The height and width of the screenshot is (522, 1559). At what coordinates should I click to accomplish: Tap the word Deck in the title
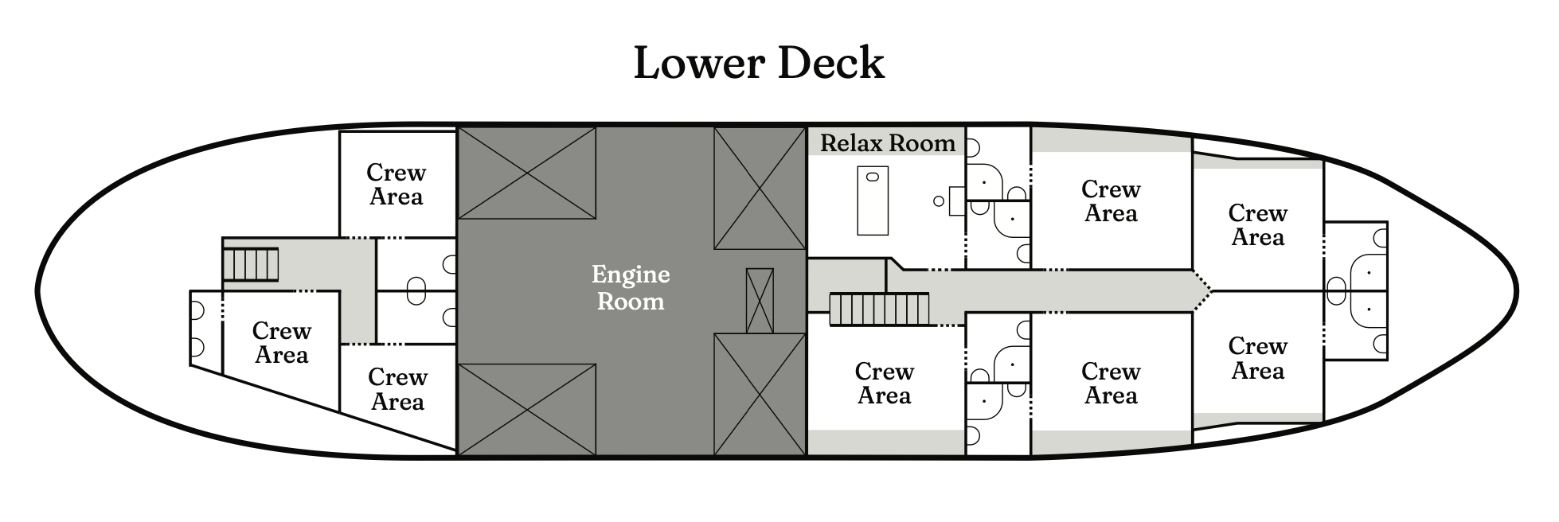pyautogui.click(x=830, y=64)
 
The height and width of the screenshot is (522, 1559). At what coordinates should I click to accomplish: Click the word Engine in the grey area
pyautogui.click(x=631, y=275)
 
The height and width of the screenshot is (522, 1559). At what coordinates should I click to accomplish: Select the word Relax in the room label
pyautogui.click(x=852, y=143)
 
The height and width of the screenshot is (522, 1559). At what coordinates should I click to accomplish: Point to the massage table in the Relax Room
pyautogui.click(x=873, y=201)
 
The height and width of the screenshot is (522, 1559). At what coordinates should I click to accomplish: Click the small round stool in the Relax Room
pyautogui.click(x=939, y=201)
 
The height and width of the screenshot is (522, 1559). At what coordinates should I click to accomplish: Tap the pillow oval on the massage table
pyautogui.click(x=873, y=176)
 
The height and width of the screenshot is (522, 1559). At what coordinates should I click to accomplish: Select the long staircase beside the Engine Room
pyautogui.click(x=880, y=309)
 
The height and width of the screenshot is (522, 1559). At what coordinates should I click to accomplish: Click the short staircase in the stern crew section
pyautogui.click(x=251, y=264)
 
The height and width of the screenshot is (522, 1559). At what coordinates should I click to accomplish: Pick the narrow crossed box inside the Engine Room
pyautogui.click(x=760, y=301)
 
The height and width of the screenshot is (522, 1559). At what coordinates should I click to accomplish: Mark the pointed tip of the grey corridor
pyautogui.click(x=1209, y=291)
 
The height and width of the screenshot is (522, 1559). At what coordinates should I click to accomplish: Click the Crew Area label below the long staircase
pyautogui.click(x=885, y=384)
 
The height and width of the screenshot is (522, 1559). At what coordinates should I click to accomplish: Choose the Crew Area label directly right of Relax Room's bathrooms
pyautogui.click(x=1111, y=201)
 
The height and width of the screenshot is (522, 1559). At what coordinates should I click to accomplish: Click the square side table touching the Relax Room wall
pyautogui.click(x=957, y=201)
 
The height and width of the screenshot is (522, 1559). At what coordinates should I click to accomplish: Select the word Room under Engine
pyautogui.click(x=631, y=302)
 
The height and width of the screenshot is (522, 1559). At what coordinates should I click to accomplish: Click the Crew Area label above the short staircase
pyautogui.click(x=397, y=185)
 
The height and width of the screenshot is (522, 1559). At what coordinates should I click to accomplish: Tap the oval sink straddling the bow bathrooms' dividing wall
pyautogui.click(x=1337, y=291)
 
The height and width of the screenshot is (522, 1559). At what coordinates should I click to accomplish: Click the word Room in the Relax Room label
pyautogui.click(x=924, y=143)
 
